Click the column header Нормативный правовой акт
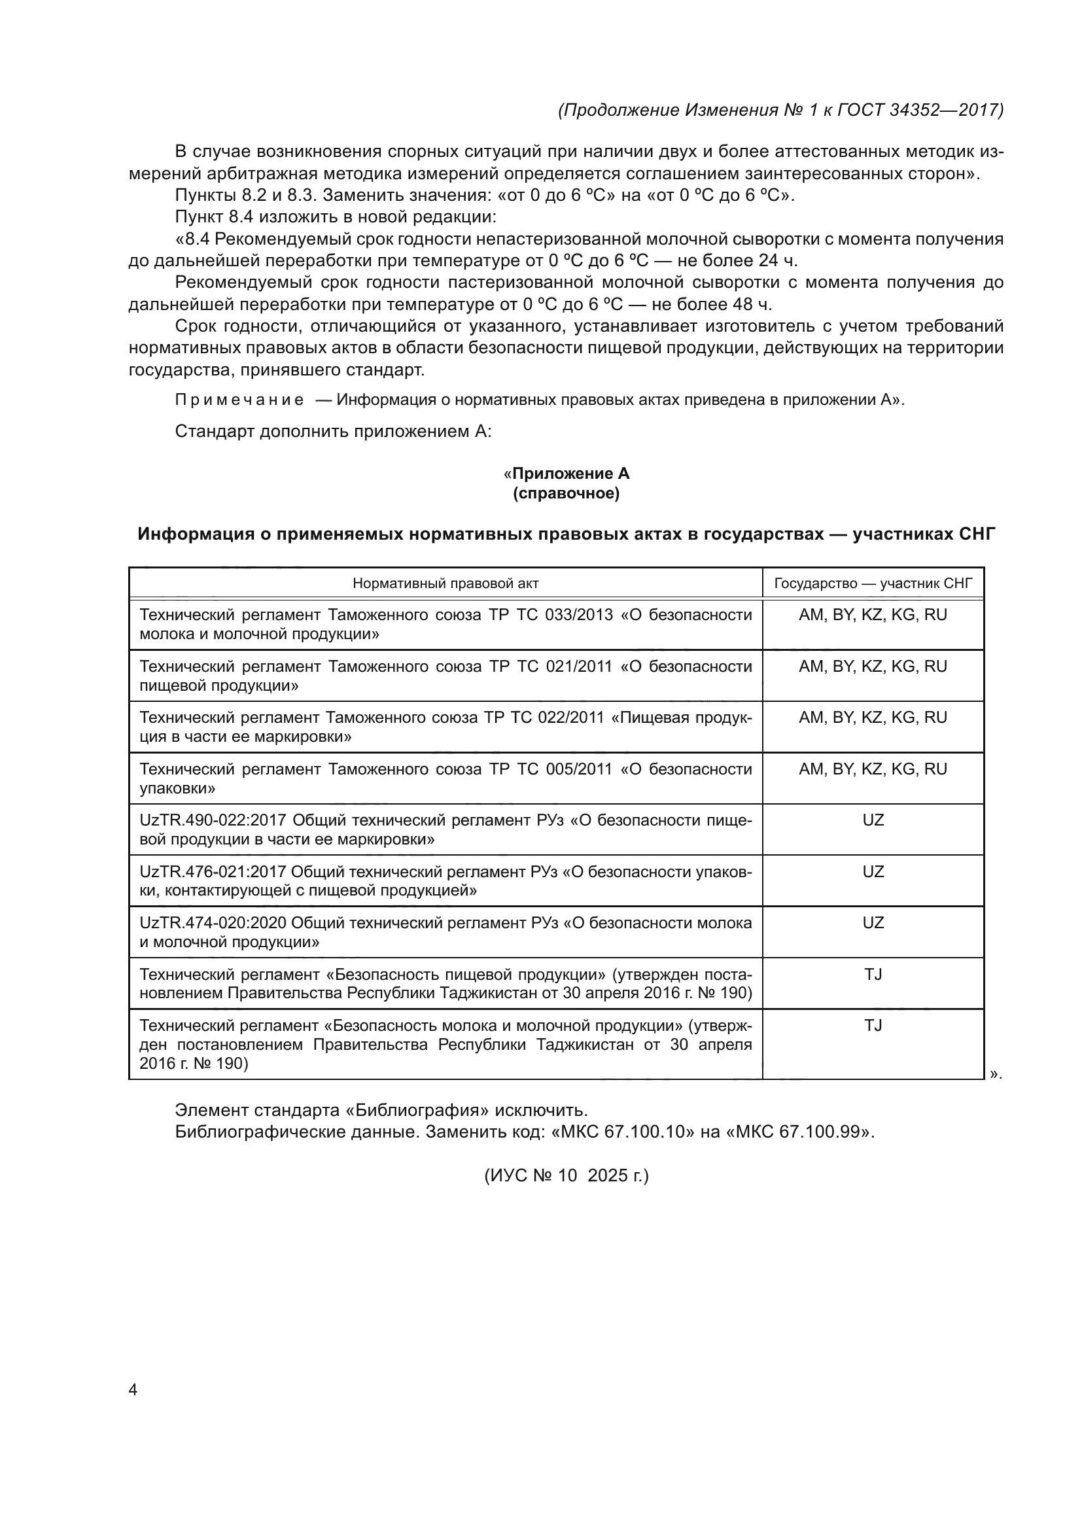[445, 583]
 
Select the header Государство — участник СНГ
[873, 583]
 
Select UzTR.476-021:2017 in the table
[213, 871]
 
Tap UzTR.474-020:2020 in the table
[213, 923]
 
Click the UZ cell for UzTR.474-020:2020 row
[873, 923]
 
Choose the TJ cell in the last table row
[873, 1026]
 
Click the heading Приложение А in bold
[570, 474]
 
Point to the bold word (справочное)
[567, 494]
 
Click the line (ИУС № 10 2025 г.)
[567, 1175]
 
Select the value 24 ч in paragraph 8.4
[778, 260]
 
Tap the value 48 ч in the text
[753, 305]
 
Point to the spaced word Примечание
[239, 400]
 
